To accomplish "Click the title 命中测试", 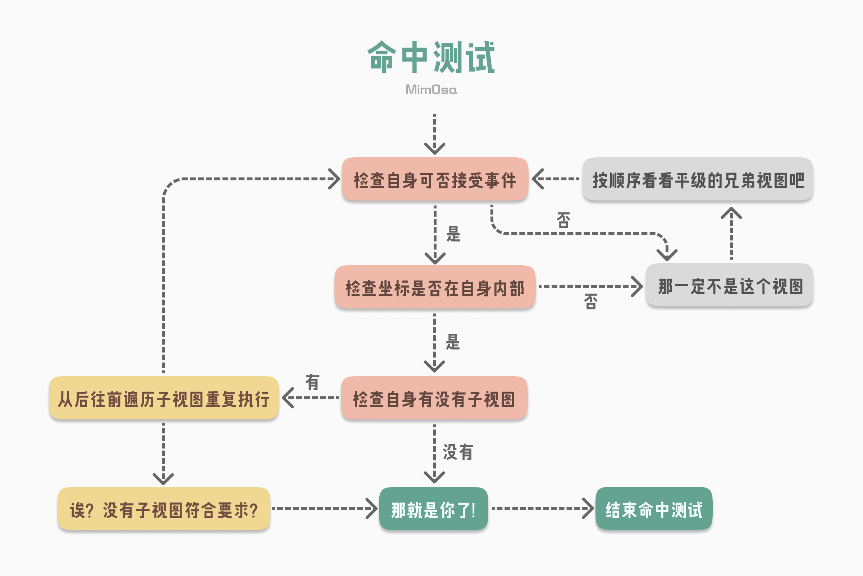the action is (431, 57).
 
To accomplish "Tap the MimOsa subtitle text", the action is (431, 89).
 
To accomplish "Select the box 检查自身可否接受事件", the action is (435, 179).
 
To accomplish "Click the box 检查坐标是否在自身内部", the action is (435, 287).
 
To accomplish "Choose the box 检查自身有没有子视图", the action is (434, 398).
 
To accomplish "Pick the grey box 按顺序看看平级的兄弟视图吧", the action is (698, 179).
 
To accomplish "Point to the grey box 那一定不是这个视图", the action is (730, 285).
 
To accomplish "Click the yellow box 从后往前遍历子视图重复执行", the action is (164, 398).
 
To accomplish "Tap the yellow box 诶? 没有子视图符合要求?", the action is (164, 509).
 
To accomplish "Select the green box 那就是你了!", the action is (434, 509).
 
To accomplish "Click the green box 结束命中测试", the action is (654, 509).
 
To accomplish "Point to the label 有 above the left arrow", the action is (312, 382).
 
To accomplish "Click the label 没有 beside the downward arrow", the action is (458, 452).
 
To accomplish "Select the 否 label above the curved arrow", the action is (563, 220).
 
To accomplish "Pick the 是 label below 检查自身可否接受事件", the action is (453, 234).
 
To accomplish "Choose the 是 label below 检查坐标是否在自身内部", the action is (453, 342).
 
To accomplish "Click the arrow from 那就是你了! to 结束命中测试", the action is (543, 508).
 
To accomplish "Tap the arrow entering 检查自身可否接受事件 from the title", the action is (435, 134).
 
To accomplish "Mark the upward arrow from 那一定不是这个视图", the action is (731, 234).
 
